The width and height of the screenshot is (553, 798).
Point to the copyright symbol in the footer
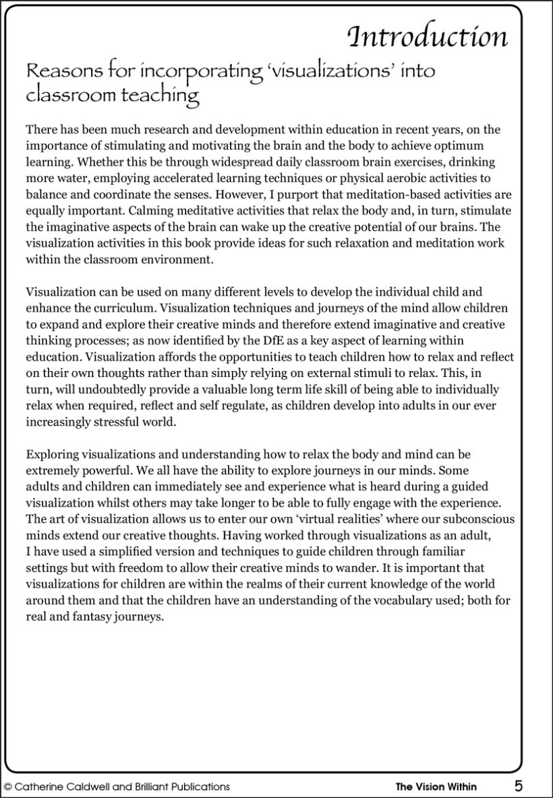8,787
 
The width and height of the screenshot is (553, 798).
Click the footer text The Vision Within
436,787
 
